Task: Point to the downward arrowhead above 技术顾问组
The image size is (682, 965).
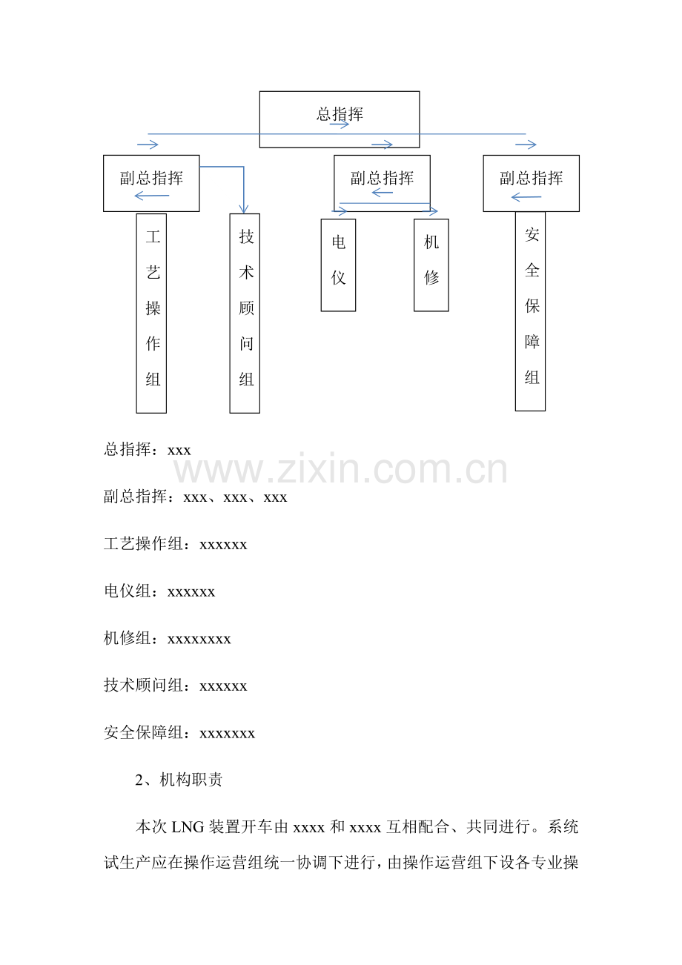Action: pyautogui.click(x=244, y=209)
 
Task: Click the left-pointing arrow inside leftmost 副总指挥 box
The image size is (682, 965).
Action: pyautogui.click(x=152, y=196)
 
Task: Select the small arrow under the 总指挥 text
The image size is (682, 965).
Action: pyautogui.click(x=339, y=125)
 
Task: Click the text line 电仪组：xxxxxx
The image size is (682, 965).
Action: pyautogui.click(x=159, y=591)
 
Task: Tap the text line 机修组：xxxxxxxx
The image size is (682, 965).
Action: pyautogui.click(x=167, y=638)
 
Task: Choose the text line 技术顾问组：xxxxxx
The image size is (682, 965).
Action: pyautogui.click(x=176, y=685)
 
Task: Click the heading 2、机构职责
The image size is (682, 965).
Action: pyautogui.click(x=179, y=779)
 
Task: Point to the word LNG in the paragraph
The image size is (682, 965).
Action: pyautogui.click(x=188, y=826)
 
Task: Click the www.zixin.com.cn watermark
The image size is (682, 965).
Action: pyautogui.click(x=340, y=469)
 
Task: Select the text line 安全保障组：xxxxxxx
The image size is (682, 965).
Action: pyautogui.click(x=179, y=732)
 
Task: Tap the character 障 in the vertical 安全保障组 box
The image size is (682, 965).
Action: pyautogui.click(x=532, y=342)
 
